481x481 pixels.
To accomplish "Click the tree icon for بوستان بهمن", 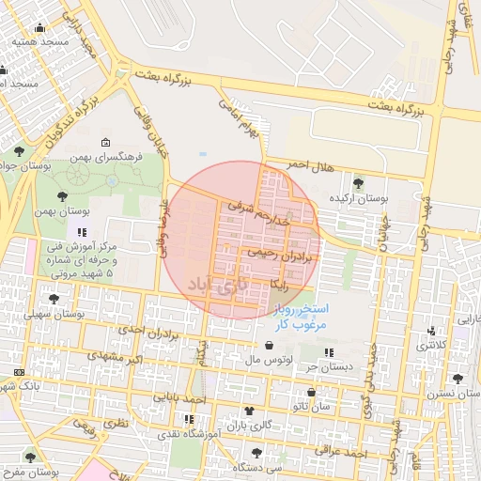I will [x=62, y=196].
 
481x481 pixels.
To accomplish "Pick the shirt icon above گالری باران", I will [x=249, y=411].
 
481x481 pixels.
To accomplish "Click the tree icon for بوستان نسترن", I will [x=458, y=379].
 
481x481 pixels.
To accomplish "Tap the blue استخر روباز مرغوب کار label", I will [x=299, y=316].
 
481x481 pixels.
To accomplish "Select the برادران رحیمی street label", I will [x=279, y=254].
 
